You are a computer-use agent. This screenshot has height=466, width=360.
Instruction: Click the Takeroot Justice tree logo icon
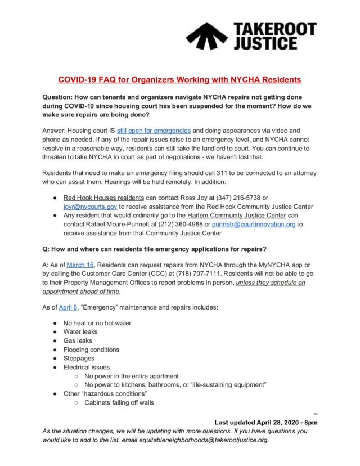[x=206, y=35]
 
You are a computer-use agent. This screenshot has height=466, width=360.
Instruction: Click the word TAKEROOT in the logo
[x=274, y=29]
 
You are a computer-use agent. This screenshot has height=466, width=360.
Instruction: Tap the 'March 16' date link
[x=79, y=265]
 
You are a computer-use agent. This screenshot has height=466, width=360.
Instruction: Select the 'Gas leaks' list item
[x=78, y=340]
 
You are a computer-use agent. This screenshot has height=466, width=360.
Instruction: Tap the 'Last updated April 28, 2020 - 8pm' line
[x=266, y=422]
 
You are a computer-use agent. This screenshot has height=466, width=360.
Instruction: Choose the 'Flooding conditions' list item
[x=91, y=349]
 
